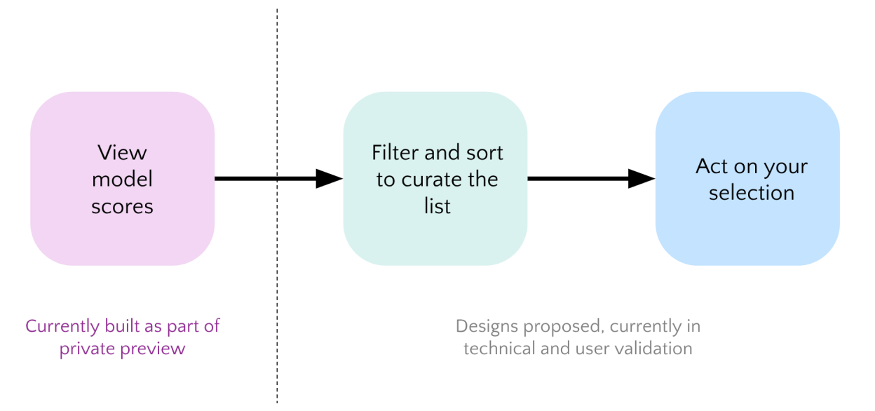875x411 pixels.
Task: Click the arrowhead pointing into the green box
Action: (328, 179)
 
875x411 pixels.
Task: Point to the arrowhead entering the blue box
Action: (641, 179)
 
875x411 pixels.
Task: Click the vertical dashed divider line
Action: (277, 281)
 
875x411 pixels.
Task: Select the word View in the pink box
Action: (122, 152)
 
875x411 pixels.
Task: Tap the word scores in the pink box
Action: (122, 206)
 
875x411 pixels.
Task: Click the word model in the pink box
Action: (122, 180)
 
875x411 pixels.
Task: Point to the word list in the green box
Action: (437, 206)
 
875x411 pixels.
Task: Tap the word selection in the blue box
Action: (751, 193)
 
